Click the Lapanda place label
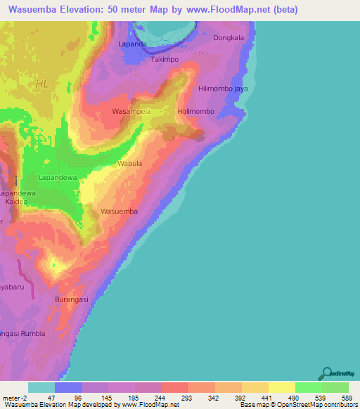133,44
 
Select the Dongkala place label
229,37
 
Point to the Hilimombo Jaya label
223,89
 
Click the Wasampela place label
131,112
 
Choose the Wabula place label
129,164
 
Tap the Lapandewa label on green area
58,178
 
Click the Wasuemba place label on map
119,211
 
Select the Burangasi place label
72,299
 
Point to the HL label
43,84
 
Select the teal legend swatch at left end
41,387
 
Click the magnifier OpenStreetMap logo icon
326,373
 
